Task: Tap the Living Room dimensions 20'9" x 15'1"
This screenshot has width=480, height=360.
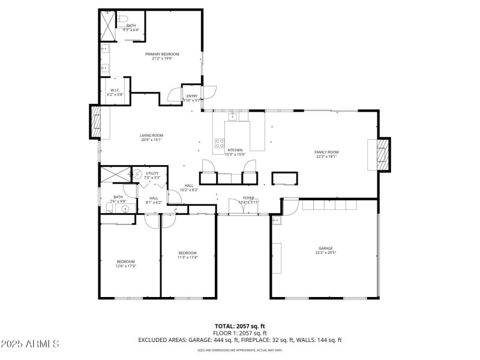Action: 152,140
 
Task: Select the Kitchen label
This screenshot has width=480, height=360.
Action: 235,150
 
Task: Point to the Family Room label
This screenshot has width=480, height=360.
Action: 327,152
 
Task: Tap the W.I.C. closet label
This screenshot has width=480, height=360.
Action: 116,91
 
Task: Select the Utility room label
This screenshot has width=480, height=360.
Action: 152,173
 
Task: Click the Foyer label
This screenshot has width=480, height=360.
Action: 249,197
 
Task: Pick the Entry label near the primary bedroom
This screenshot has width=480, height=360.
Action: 192,96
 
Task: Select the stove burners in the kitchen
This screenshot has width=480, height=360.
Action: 220,143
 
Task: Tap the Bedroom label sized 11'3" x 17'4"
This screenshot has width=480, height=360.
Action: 187,253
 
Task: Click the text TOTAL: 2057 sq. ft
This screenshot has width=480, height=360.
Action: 240,326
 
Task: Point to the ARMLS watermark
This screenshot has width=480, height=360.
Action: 30,344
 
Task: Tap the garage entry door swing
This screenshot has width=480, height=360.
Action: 289,207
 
